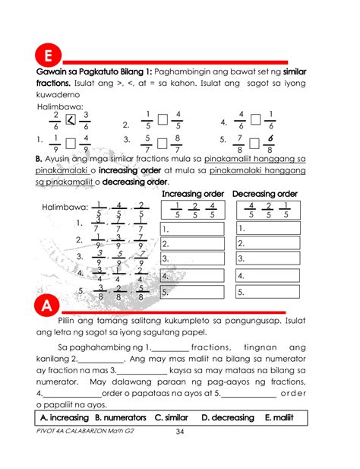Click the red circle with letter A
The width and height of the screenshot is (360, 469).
pos(47,308)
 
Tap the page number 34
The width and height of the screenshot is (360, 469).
pos(180,433)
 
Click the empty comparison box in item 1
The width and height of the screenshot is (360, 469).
pos(71,142)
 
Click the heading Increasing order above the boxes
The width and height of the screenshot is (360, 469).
pos(193,195)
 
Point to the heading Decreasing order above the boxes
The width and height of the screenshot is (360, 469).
pos(266,195)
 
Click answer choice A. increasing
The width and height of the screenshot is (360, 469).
pos(64,418)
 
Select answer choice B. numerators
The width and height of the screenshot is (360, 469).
pos(121,418)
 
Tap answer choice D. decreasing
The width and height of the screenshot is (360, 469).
pos(228,418)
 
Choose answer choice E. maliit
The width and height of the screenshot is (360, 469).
pos(280,418)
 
